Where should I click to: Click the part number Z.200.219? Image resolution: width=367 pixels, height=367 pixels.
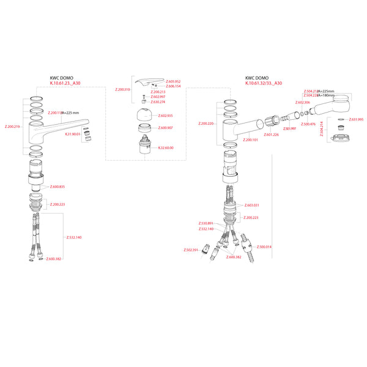pyautogui.click(x=12, y=127)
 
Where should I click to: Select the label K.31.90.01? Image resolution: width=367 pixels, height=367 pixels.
pyautogui.click(x=73, y=134)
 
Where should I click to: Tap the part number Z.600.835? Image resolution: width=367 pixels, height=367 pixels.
pyautogui.click(x=57, y=187)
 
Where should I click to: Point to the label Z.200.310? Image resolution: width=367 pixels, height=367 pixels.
pyautogui.click(x=123, y=89)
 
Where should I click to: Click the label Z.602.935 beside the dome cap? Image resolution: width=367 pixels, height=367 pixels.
pyautogui.click(x=165, y=116)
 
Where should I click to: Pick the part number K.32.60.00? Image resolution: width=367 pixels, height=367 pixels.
pyautogui.click(x=166, y=147)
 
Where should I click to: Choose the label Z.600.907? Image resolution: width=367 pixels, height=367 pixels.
pyautogui.click(x=165, y=128)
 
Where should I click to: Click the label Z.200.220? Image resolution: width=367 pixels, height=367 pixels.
pyautogui.click(x=207, y=124)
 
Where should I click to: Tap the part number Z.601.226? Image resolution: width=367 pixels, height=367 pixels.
pyautogui.click(x=272, y=135)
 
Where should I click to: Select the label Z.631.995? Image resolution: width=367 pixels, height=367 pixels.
pyautogui.click(x=356, y=119)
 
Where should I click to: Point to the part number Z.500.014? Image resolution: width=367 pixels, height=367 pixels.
pyautogui.click(x=264, y=247)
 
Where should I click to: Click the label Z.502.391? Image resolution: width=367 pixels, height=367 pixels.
pyautogui.click(x=191, y=250)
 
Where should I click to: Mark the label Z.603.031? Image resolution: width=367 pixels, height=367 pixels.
pyautogui.click(x=251, y=206)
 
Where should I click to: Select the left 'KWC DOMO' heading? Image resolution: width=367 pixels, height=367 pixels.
pyautogui.click(x=62, y=78)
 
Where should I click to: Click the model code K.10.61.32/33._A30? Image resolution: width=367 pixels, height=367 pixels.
pyautogui.click(x=264, y=83)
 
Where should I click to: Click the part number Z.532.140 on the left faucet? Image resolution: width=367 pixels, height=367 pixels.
pyautogui.click(x=74, y=237)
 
